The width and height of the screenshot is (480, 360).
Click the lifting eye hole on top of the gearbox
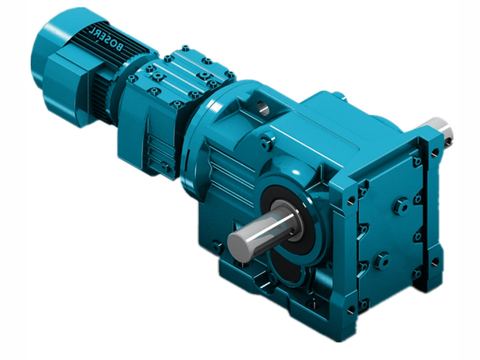263,108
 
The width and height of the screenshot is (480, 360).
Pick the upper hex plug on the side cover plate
402,206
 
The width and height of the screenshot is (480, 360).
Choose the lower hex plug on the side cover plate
383,261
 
